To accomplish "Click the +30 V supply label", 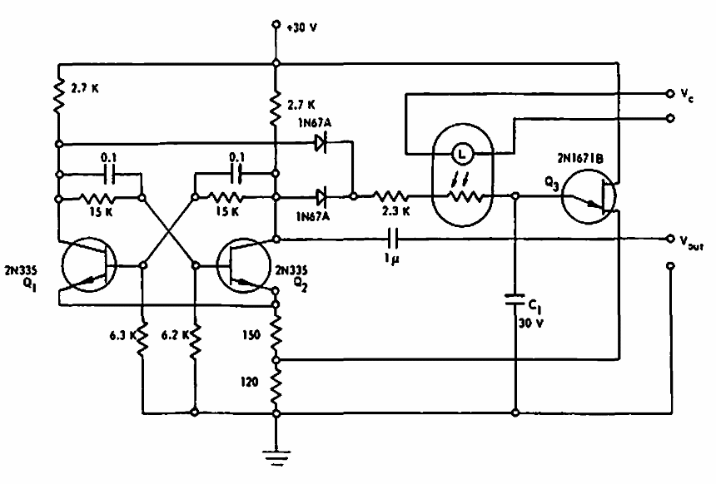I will (x=301, y=27).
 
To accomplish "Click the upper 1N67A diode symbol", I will (x=321, y=143).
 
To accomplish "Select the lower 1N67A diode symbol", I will (x=321, y=197).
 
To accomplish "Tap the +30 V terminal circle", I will (x=276, y=27).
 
